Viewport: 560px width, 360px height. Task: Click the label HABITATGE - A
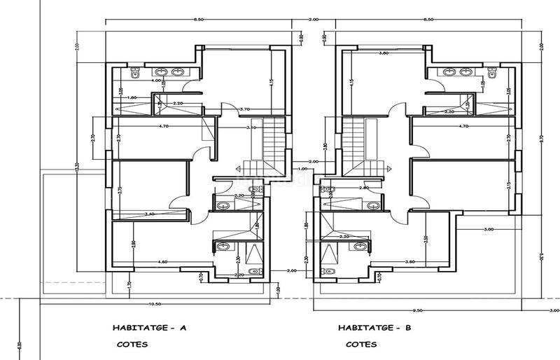pos(149,327)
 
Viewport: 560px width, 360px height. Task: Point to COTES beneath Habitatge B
pos(362,345)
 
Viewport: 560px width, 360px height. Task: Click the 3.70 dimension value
pos(244,109)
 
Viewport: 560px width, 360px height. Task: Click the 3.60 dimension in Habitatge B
pos(409,262)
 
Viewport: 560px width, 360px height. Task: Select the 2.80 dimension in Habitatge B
pos(363,188)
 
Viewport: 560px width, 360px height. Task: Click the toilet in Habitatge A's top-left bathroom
pos(137,72)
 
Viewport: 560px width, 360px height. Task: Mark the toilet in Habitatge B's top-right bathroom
pos(491,73)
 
